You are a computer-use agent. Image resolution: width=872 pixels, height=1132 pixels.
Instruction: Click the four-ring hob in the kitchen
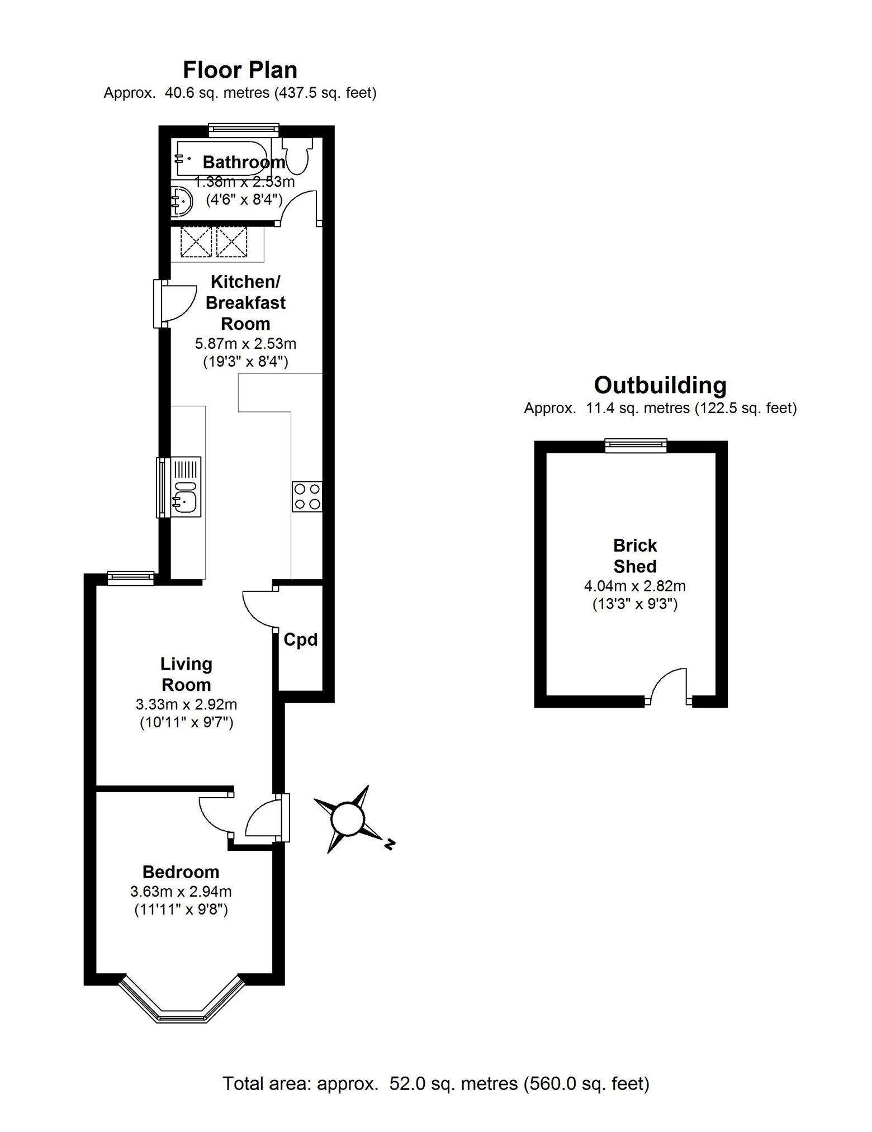point(307,496)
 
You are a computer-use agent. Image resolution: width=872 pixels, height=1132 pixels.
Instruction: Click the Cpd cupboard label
point(301,639)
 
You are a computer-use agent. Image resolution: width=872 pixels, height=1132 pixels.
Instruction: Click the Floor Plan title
point(240,70)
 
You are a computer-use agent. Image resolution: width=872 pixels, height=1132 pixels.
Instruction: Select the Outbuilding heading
point(660,385)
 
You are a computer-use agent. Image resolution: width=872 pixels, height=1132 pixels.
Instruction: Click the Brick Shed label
point(635,556)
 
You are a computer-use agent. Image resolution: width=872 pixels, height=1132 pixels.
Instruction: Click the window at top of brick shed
point(636,445)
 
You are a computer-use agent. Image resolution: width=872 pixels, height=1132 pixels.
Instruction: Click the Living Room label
point(186,674)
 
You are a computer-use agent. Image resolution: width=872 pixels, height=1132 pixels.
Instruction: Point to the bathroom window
point(244,130)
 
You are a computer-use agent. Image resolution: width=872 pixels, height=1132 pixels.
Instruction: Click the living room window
point(130,578)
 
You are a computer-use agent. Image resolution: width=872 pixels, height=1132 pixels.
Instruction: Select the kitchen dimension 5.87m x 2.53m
point(245,343)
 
